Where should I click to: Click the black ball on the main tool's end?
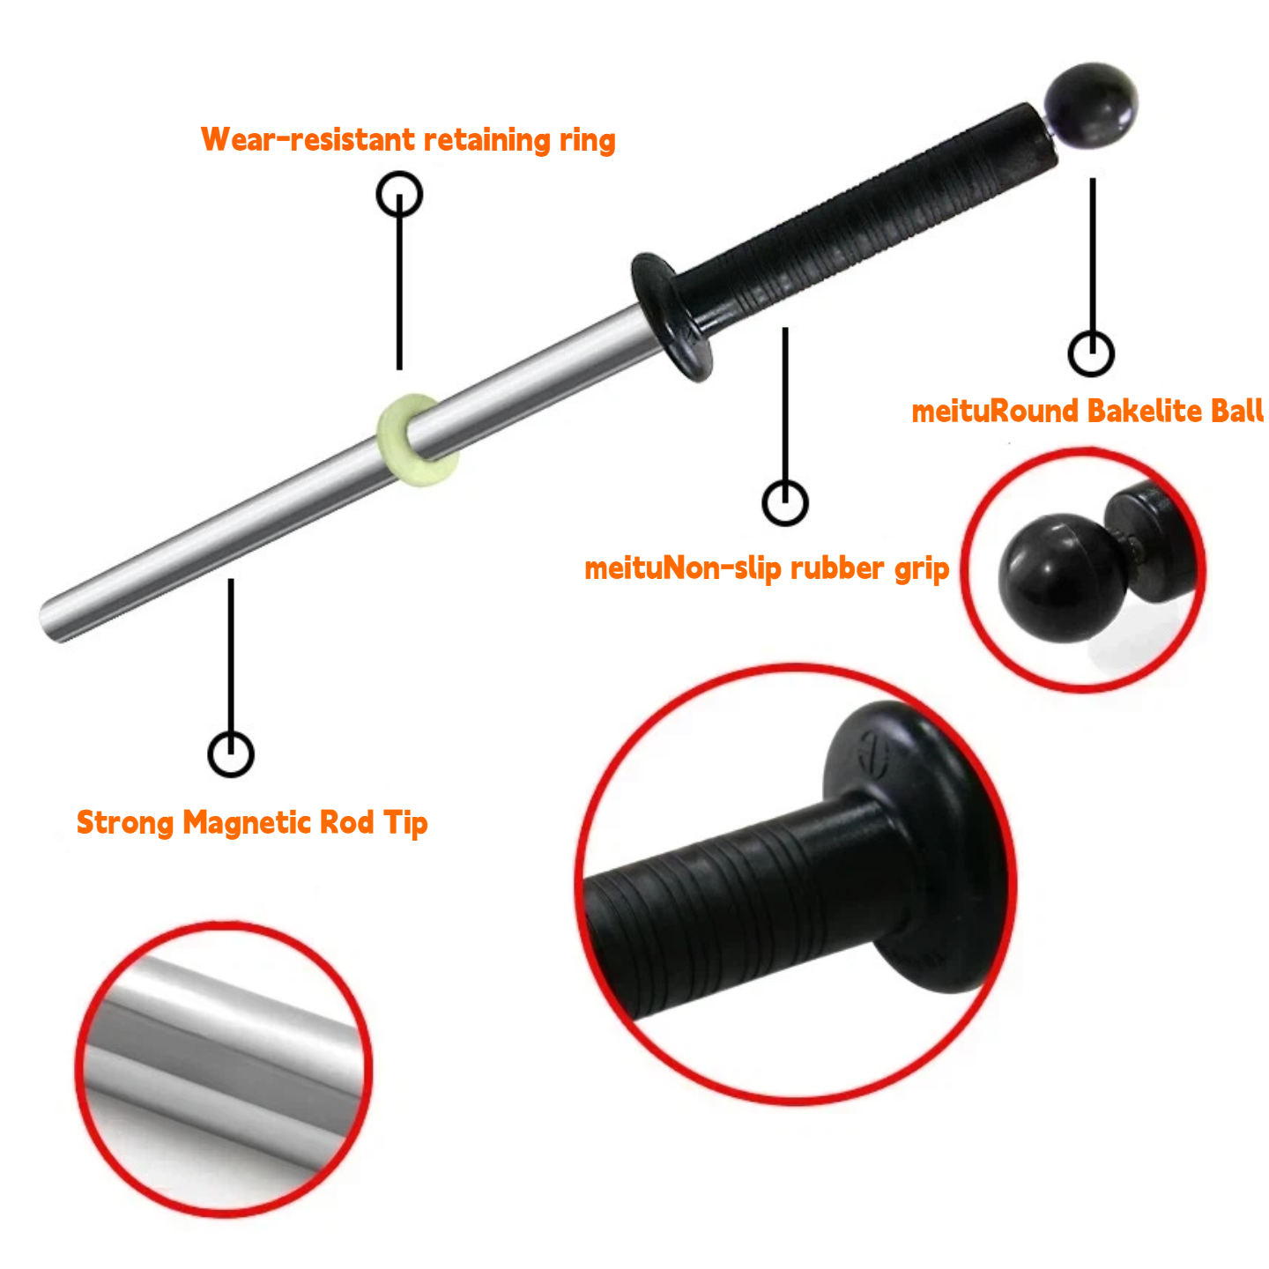(x=1090, y=106)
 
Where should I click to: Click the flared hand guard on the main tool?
(x=672, y=317)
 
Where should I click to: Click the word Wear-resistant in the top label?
(x=308, y=139)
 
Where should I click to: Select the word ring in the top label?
(x=588, y=141)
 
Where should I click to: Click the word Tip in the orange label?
(x=406, y=823)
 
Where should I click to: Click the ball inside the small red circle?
(x=1062, y=578)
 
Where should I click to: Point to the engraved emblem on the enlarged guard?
(x=875, y=752)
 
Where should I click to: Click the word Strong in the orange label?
(x=125, y=823)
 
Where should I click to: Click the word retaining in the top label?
(x=487, y=141)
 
